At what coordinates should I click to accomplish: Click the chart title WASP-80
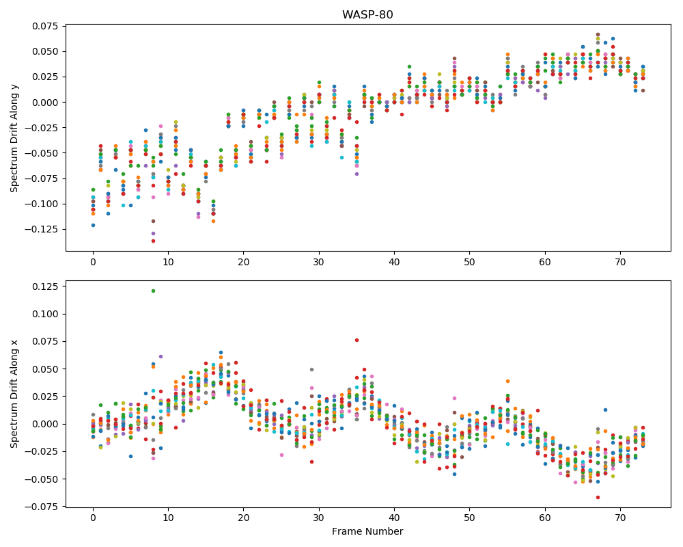point(367,14)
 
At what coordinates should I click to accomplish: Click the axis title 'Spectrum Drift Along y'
point(14,138)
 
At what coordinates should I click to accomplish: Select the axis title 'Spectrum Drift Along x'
point(14,394)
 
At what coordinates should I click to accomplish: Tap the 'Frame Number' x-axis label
point(367,531)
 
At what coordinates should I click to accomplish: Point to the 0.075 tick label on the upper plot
point(45,26)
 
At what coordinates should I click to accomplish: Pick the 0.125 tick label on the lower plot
point(45,286)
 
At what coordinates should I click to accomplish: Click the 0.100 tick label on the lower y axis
point(45,314)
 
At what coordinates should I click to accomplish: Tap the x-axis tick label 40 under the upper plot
point(394,262)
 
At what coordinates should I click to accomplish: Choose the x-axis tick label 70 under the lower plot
point(620,518)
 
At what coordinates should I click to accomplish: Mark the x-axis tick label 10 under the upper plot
point(168,262)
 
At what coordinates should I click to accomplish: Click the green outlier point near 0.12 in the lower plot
point(153,291)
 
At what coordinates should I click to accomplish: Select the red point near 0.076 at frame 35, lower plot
point(357,341)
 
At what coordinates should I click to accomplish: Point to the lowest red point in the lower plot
point(598,497)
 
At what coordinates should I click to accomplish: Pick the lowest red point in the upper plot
point(153,241)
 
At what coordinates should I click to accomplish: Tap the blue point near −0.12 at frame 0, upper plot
point(93,225)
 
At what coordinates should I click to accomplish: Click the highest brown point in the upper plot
point(598,34)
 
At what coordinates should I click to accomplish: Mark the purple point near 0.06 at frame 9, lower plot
point(161,356)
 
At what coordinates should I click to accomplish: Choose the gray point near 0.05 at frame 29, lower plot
point(312,369)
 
